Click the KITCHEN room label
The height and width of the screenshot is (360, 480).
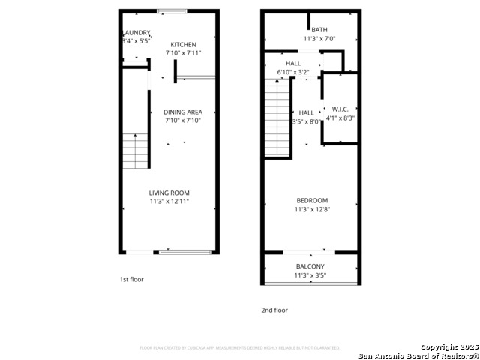(x=183, y=45)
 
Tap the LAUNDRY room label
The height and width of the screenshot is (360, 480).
(x=136, y=33)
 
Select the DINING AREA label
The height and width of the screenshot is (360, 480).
(x=183, y=110)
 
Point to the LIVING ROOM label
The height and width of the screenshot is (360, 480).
(x=169, y=193)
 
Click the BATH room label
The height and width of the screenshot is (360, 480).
(x=309, y=30)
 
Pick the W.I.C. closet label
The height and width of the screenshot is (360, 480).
(x=340, y=109)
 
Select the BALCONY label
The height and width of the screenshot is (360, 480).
(x=310, y=266)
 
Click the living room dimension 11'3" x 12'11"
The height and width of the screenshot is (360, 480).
(x=169, y=202)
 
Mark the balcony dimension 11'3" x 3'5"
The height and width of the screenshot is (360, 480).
(x=310, y=275)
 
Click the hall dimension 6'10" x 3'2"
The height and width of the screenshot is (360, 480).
(x=293, y=72)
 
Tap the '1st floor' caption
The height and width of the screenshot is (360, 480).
(x=131, y=279)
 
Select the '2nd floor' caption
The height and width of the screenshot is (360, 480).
(x=274, y=310)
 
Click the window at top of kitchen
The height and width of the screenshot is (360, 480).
(x=172, y=11)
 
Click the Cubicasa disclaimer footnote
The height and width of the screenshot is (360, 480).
(x=240, y=348)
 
